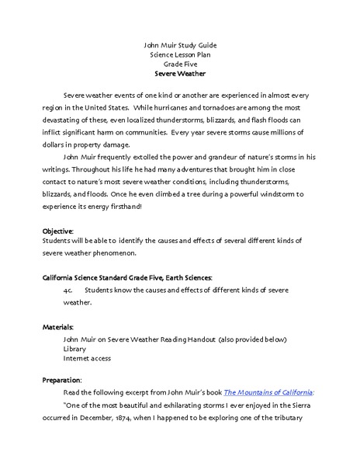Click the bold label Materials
coord(58,328)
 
